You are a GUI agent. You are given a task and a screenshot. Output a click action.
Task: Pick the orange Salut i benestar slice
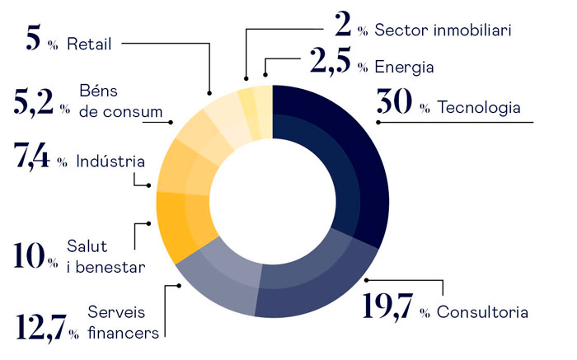pyautogui.click(x=181, y=222)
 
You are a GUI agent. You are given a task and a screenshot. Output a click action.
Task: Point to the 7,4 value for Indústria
pyautogui.click(x=32, y=157)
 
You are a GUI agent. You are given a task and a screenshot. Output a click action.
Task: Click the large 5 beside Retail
pyautogui.click(x=32, y=40)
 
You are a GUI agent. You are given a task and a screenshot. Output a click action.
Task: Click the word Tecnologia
pyautogui.click(x=479, y=108)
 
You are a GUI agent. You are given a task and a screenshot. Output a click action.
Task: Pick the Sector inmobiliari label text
pyautogui.click(x=443, y=30)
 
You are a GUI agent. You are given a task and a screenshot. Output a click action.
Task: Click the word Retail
pyautogui.click(x=88, y=43)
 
